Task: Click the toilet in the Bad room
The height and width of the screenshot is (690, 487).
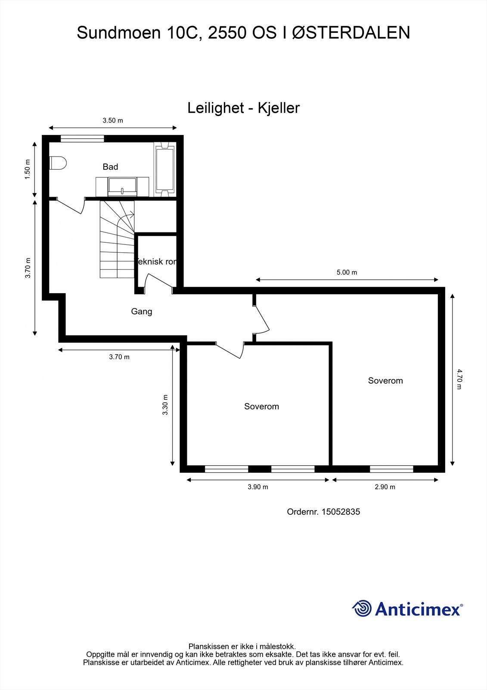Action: pyautogui.click(x=58, y=163)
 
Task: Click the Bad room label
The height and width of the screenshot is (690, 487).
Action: pyautogui.click(x=110, y=167)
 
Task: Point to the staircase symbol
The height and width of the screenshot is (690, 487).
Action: pyautogui.click(x=117, y=239)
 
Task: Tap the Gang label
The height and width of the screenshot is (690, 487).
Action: pyautogui.click(x=142, y=311)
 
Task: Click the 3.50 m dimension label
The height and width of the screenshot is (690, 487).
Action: pyautogui.click(x=113, y=121)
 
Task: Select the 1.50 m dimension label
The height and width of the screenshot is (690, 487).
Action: pyautogui.click(x=28, y=169)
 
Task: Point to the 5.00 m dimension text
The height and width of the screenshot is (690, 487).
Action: pyautogui.click(x=347, y=273)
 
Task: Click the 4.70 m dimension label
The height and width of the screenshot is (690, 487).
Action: pyautogui.click(x=459, y=379)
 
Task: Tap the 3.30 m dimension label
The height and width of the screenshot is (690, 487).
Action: pyautogui.click(x=165, y=405)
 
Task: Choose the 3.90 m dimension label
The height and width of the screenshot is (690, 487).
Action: pyautogui.click(x=257, y=487)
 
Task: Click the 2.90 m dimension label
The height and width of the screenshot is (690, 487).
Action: pyautogui.click(x=385, y=487)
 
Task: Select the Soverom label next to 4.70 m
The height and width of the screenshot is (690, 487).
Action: pyautogui.click(x=385, y=381)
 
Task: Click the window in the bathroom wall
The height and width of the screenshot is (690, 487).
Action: pyautogui.click(x=82, y=138)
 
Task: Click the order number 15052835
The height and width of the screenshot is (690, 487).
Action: pyautogui.click(x=341, y=512)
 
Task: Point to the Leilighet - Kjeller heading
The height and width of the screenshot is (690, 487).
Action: pyautogui.click(x=243, y=108)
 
